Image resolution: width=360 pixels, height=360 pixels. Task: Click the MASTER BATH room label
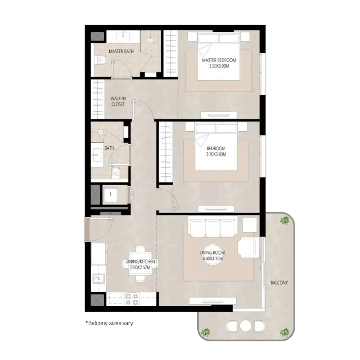[121, 51]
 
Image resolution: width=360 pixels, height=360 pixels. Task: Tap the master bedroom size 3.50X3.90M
[219, 66]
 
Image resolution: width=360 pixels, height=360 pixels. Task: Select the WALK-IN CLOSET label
[118, 101]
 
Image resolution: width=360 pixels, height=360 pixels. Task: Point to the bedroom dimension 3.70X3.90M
[216, 154]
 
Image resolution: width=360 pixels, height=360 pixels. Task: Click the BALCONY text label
[279, 282]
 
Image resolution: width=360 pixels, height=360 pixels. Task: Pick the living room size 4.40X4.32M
[212, 259]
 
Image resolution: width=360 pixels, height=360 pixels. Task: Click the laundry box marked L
[111, 194]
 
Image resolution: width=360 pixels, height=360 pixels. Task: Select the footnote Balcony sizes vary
[109, 323]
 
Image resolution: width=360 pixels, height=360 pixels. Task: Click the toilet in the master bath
[100, 60]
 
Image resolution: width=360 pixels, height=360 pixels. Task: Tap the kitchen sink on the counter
[98, 279]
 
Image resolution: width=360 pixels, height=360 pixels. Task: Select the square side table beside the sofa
[250, 225]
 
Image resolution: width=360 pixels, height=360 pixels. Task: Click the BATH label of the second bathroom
[109, 148]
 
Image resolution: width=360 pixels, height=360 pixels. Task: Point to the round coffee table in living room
[213, 254]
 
